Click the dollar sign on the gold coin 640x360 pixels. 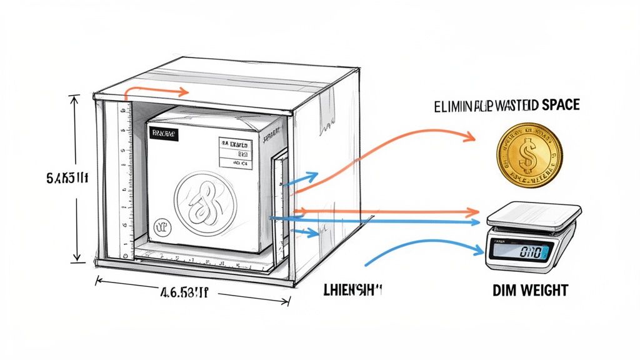point(529,154)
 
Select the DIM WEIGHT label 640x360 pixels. point(529,290)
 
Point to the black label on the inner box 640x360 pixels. point(163,134)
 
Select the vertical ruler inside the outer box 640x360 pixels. point(126,181)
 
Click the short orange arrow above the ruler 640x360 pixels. point(156,91)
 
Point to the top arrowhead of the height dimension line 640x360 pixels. point(76,99)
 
